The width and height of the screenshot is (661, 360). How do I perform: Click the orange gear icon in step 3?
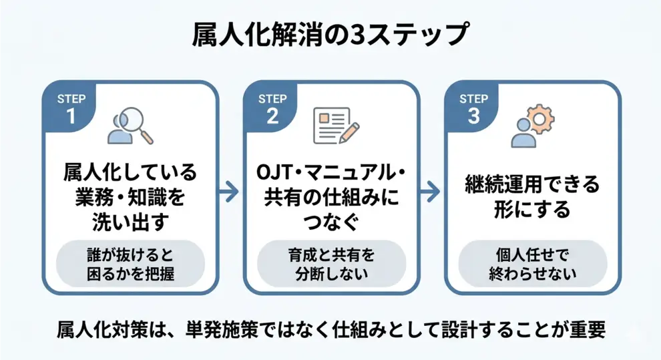tap(538, 118)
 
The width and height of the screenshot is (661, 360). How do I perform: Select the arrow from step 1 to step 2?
tap(229, 191)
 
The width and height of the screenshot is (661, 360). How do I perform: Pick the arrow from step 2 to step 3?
tap(431, 191)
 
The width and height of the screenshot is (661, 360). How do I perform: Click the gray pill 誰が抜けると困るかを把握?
tap(130, 264)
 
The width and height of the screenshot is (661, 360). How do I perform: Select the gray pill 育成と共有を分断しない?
tap(332, 264)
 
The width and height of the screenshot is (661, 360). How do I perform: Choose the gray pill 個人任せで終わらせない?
tap(532, 264)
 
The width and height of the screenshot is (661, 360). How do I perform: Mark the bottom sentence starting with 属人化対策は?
tap(330, 330)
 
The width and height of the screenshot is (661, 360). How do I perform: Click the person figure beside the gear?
tap(523, 134)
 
